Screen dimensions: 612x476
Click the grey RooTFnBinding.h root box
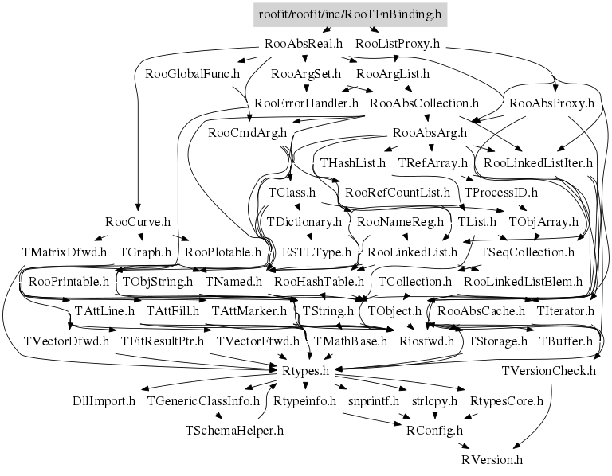pos(350,15)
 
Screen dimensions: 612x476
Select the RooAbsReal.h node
pos(304,44)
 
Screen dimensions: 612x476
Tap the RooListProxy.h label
pos(398,44)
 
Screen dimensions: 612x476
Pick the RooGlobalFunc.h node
pos(192,74)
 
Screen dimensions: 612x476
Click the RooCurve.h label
pos(138,222)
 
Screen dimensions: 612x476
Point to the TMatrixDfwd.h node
pos(65,252)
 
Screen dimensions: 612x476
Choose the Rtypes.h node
pos(306,371)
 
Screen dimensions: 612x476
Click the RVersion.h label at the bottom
pos(492,459)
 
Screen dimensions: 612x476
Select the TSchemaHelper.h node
pos(234,431)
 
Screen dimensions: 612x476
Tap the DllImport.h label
pos(104,400)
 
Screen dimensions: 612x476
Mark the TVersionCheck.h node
pos(549,371)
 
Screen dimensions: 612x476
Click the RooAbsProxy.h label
pos(552,103)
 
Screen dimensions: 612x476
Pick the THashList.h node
pos(353,162)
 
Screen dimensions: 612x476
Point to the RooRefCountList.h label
pos(398,192)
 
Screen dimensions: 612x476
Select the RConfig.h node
pos(434,431)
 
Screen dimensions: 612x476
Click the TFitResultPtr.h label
pos(162,341)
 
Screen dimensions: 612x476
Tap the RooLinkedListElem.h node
pos(523,282)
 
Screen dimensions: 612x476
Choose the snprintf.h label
pos(374,400)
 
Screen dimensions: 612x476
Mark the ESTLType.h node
pos(316,252)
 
